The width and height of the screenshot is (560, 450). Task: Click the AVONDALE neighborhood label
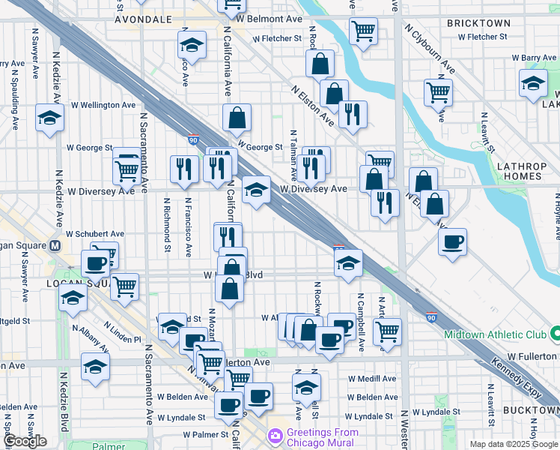(144, 19)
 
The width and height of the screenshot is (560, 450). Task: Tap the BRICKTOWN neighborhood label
(478, 24)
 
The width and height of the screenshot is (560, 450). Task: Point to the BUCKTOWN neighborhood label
(529, 410)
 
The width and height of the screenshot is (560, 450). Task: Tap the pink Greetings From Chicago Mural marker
(276, 435)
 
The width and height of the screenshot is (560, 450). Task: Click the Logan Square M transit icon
(55, 246)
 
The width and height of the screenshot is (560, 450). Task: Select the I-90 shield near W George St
(192, 139)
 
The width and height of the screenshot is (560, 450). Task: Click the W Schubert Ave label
(95, 234)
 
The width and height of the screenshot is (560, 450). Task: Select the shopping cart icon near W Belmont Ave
(364, 31)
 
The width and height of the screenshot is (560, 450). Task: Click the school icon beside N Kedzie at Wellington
(50, 118)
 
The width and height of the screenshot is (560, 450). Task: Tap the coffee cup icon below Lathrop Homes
(452, 242)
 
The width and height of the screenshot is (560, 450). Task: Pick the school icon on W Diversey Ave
(256, 190)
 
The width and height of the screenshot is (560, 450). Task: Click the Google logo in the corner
(24, 442)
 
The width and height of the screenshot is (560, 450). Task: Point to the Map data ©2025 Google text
(513, 444)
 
